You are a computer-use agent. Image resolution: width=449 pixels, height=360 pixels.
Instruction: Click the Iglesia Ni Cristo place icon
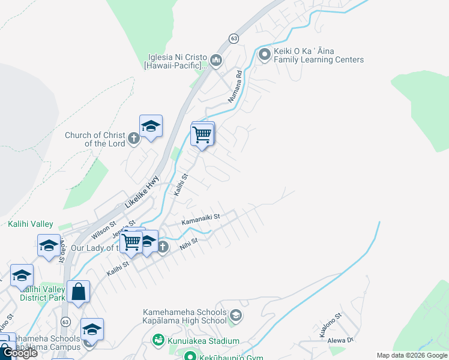[215, 61]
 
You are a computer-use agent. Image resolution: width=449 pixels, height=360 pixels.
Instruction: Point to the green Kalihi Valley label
[31, 224]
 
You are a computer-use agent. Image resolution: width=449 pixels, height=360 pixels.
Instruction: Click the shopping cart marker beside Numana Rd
[202, 134]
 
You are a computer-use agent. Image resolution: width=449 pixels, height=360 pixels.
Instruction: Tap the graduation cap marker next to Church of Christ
[151, 126]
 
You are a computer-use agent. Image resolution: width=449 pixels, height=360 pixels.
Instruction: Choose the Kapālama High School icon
[236, 315]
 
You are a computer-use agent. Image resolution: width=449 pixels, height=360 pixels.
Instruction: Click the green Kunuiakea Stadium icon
[158, 340]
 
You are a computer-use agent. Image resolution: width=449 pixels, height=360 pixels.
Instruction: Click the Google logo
[20, 353]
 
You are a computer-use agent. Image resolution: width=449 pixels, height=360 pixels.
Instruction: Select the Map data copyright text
[412, 355]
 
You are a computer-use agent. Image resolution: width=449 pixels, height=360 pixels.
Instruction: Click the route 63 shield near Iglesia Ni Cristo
[234, 38]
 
